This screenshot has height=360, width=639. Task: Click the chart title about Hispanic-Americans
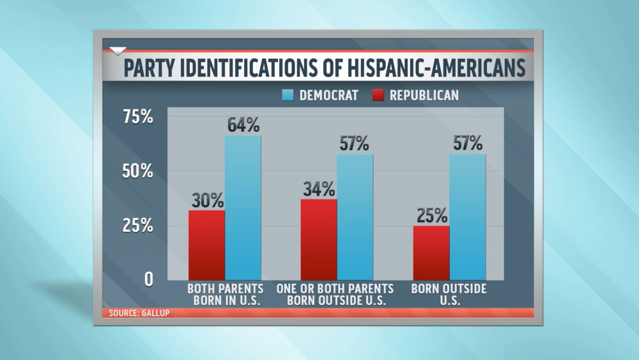(x=324, y=68)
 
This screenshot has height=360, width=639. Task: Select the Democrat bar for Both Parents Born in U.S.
(x=243, y=208)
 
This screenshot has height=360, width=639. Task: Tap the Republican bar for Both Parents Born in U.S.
(x=206, y=245)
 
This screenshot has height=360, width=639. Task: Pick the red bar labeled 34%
(x=318, y=239)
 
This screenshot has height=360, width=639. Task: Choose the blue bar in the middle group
(x=355, y=217)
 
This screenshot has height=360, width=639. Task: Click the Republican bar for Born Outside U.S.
(x=431, y=253)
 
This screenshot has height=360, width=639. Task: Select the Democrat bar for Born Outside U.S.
(x=468, y=217)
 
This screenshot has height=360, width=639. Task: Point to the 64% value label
(x=243, y=125)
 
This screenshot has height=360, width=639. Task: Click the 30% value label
(x=206, y=200)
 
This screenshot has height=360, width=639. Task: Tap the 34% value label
(x=318, y=189)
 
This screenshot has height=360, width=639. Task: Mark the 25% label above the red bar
(x=431, y=215)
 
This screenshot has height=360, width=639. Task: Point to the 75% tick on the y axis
(x=137, y=117)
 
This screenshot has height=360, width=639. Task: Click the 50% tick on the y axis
(x=137, y=171)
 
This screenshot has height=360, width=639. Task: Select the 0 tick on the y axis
(x=148, y=279)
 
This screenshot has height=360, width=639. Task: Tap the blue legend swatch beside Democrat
(x=288, y=95)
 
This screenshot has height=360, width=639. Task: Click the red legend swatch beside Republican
(x=377, y=95)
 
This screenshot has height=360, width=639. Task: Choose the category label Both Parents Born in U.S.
(x=224, y=295)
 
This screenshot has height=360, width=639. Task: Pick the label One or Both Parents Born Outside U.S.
(x=335, y=295)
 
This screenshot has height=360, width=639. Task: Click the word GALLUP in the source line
(x=152, y=313)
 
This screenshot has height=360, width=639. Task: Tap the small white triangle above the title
(x=118, y=51)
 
